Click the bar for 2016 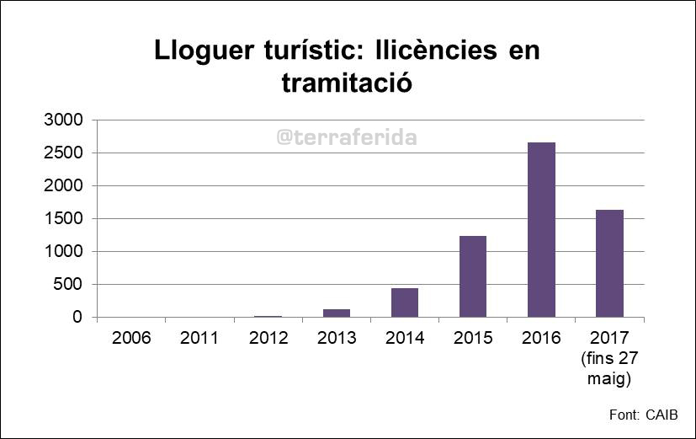tap(541, 229)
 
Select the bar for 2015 tap(473, 276)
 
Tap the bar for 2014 tap(404, 302)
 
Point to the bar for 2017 tap(609, 263)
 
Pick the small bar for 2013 tap(336, 313)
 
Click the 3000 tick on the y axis tap(63, 120)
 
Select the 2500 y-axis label tap(63, 153)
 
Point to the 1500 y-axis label tap(63, 219)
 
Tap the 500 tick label tap(68, 285)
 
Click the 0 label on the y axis tap(77, 318)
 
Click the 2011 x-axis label tap(199, 339)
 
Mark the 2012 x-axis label tap(268, 339)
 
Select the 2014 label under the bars tap(404, 339)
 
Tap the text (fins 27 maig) tap(609, 368)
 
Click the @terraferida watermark tap(347, 137)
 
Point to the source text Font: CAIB tap(643, 415)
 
